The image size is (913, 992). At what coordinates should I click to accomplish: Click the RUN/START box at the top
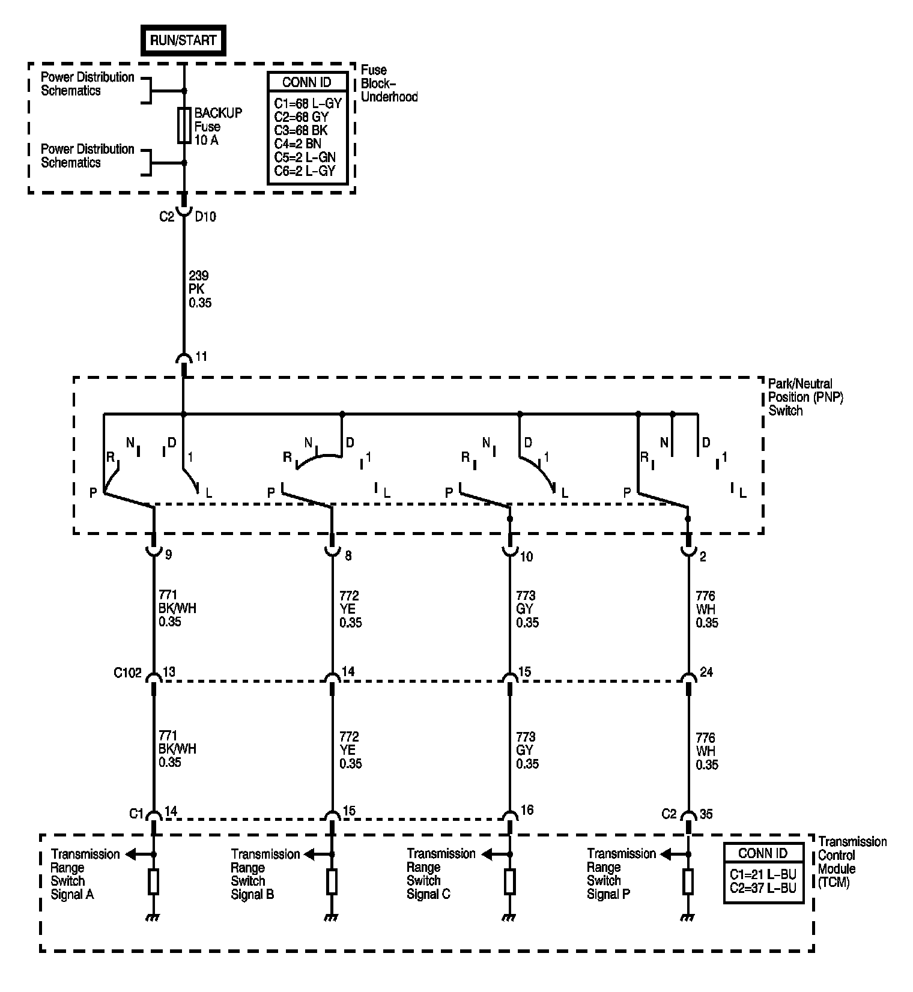click(x=183, y=40)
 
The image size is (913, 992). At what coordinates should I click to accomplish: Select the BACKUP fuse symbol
click(x=184, y=126)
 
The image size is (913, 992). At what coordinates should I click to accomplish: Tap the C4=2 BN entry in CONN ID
click(x=298, y=144)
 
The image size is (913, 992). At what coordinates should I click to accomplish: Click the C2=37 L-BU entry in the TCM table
click(x=762, y=888)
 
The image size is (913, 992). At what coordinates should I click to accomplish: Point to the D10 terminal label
click(x=205, y=217)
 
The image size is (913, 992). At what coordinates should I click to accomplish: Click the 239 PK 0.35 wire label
click(x=200, y=289)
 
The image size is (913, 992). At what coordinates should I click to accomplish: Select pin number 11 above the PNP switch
click(x=201, y=357)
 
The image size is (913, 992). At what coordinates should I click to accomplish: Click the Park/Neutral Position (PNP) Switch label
click(x=806, y=397)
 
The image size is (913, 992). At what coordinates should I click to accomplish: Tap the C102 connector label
click(x=127, y=673)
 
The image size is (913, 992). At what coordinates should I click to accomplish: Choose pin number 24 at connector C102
click(x=706, y=672)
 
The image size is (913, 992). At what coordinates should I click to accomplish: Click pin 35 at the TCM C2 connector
click(x=706, y=814)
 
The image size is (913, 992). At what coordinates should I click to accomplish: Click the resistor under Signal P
click(x=688, y=882)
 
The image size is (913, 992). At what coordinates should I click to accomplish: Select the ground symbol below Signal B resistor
click(x=330, y=918)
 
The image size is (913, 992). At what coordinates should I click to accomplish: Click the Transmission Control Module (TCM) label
click(x=852, y=862)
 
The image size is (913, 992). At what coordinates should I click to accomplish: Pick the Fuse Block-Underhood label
click(x=389, y=83)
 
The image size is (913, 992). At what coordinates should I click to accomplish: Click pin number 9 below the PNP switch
click(x=169, y=555)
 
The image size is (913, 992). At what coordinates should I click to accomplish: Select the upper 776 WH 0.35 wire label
click(x=707, y=609)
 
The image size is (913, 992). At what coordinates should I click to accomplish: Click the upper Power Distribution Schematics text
click(x=88, y=84)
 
